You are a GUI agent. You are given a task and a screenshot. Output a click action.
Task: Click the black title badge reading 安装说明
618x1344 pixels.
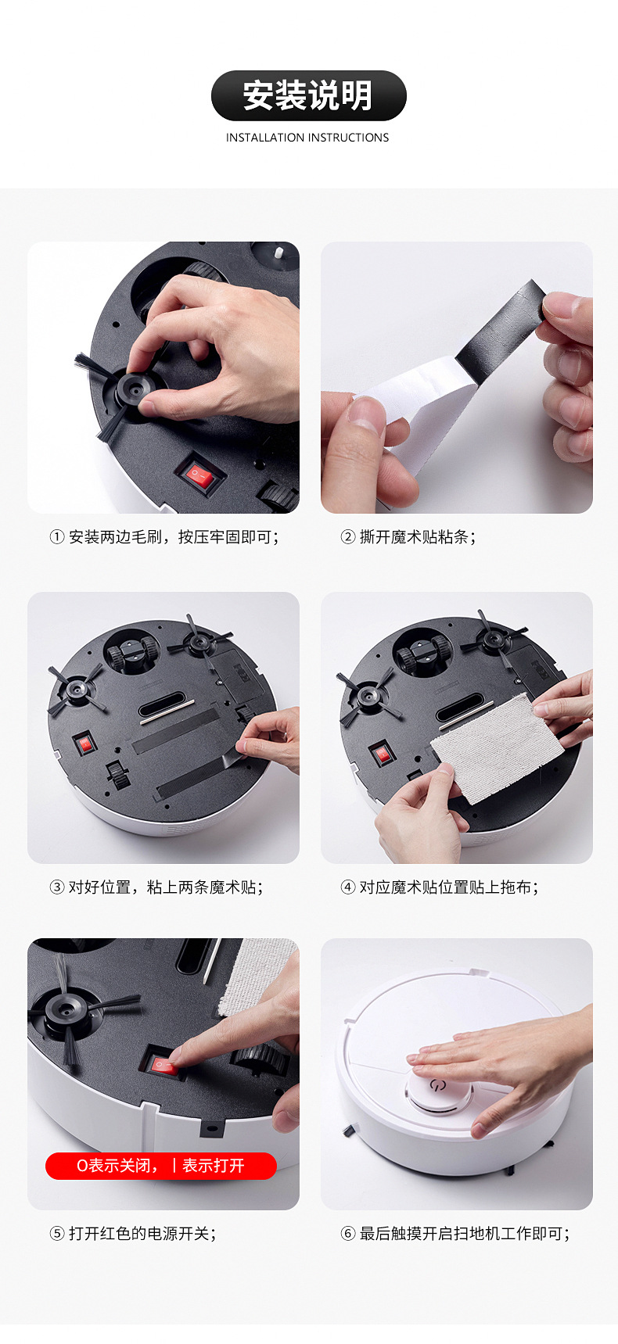pyautogui.click(x=308, y=95)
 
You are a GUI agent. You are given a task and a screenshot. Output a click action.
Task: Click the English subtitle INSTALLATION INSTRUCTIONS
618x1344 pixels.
pyautogui.click(x=307, y=138)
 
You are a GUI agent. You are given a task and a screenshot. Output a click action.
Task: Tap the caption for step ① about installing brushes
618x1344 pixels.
pyautogui.click(x=164, y=537)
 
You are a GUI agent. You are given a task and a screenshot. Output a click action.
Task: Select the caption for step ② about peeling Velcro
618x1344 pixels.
pyautogui.click(x=408, y=537)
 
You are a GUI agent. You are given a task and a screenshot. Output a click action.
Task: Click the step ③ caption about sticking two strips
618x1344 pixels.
pyautogui.click(x=156, y=887)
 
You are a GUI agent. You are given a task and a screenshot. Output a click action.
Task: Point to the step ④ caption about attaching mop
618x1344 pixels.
pyautogui.click(x=439, y=887)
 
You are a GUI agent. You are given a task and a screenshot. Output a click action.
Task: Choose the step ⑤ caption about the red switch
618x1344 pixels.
pyautogui.click(x=133, y=1234)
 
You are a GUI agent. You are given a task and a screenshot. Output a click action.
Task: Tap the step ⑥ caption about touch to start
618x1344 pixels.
pyautogui.click(x=455, y=1234)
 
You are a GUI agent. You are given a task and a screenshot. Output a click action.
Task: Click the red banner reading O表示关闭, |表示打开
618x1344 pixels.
pyautogui.click(x=160, y=1166)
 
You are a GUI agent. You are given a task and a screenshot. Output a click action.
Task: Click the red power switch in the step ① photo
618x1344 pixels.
pyautogui.click(x=199, y=475)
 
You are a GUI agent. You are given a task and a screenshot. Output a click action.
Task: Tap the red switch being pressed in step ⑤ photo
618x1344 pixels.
pyautogui.click(x=163, y=1065)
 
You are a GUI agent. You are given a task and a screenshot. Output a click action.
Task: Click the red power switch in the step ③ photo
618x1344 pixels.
pyautogui.click(x=84, y=743)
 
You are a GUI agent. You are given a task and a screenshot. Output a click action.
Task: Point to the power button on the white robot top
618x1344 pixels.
pyautogui.click(x=437, y=1086)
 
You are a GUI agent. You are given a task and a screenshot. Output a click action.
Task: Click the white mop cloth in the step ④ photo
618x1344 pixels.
pyautogui.click(x=497, y=747)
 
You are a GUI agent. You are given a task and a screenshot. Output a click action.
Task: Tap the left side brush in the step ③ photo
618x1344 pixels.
pyautogui.click(x=75, y=689)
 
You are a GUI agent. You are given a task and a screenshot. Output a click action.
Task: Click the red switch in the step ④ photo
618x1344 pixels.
pyautogui.click(x=380, y=754)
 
